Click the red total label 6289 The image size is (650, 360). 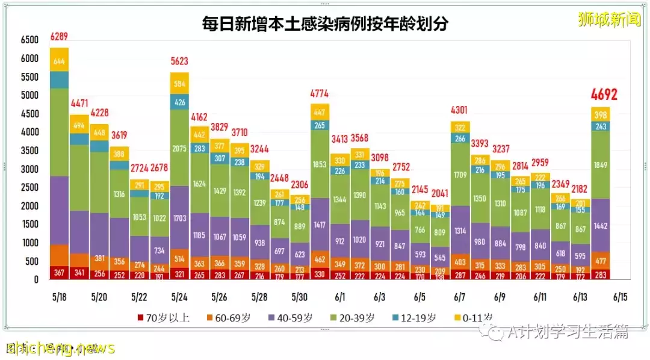pos(59,37)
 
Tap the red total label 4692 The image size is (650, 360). pos(604,95)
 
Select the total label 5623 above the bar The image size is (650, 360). pos(180,61)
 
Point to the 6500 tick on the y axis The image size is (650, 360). pos(29,40)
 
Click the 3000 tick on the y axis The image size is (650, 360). pos(29,169)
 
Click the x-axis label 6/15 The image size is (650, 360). pos(620,297)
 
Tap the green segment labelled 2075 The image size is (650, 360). pos(180,148)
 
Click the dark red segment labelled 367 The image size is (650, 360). pos(59,272)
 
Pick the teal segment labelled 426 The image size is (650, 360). pos(180,102)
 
